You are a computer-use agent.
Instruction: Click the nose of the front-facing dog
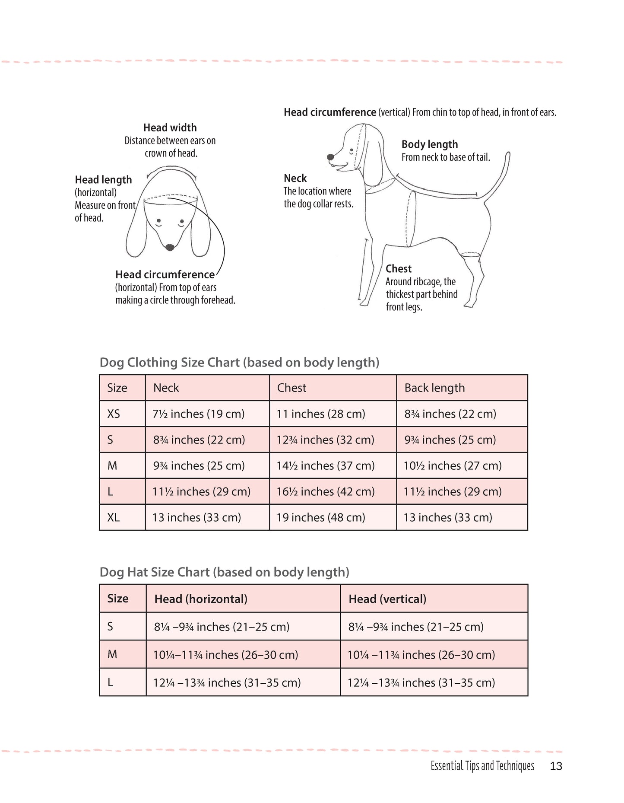click(x=170, y=247)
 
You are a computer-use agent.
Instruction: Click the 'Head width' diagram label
click(x=170, y=127)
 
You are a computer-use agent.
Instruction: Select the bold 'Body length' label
click(x=429, y=144)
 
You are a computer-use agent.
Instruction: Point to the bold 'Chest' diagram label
click(x=398, y=269)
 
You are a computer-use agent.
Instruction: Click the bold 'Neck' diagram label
click(x=295, y=178)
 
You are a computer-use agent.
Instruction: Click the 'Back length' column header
click(x=434, y=388)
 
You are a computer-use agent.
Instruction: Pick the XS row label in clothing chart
click(x=114, y=414)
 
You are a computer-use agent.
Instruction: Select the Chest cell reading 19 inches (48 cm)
click(x=320, y=517)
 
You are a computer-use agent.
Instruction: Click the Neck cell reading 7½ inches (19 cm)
click(x=198, y=414)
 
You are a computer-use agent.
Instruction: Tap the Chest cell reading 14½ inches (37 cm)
click(x=325, y=465)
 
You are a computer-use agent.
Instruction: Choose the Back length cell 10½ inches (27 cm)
click(x=452, y=465)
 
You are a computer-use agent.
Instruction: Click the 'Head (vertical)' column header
click(x=387, y=599)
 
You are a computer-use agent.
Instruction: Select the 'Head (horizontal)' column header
click(x=201, y=599)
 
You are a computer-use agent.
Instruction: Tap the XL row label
click(x=114, y=517)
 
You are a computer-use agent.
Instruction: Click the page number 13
click(x=556, y=766)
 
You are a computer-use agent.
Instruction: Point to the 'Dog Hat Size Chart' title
click(x=224, y=572)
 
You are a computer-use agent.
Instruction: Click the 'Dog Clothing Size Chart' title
click(x=239, y=362)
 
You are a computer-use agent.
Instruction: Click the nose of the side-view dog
click(x=330, y=157)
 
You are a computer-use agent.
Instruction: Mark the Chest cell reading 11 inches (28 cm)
click(x=320, y=414)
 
